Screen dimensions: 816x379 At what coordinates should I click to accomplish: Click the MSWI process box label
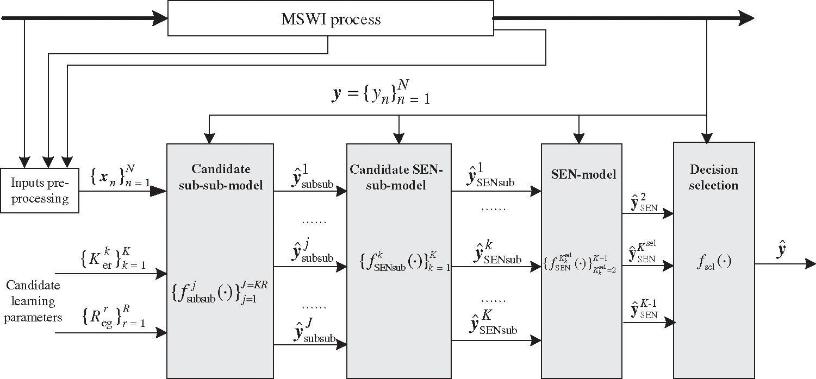(x=331, y=20)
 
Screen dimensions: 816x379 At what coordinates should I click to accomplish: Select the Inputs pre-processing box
(x=40, y=190)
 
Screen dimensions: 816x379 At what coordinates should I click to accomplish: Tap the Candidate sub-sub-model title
(x=221, y=177)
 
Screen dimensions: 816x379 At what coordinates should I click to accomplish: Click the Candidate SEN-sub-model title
(x=396, y=177)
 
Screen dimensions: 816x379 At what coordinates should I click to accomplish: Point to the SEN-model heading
(x=583, y=174)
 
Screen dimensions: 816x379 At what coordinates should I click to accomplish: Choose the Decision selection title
(x=714, y=177)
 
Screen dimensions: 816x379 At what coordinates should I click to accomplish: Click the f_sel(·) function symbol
(x=714, y=262)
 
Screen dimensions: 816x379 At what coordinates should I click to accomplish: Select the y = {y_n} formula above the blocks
(x=381, y=92)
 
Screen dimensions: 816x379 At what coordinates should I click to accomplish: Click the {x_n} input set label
(x=120, y=176)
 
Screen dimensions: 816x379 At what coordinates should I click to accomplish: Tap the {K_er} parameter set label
(x=113, y=258)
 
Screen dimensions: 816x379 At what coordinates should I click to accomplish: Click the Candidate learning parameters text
(x=33, y=301)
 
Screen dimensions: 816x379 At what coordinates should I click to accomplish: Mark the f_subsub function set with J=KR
(x=220, y=292)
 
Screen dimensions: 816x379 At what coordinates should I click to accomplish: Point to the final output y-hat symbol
(x=781, y=250)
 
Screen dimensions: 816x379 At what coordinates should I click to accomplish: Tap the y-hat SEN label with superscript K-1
(x=644, y=309)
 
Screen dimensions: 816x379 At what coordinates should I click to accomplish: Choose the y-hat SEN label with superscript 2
(x=644, y=202)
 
